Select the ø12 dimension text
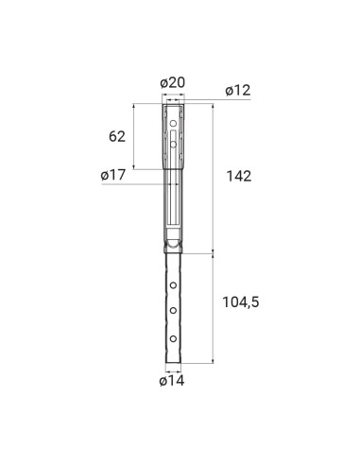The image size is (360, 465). (x=239, y=91)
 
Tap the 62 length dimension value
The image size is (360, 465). (x=117, y=136)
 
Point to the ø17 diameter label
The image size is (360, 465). (x=114, y=175)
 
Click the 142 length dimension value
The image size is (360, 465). (x=239, y=175)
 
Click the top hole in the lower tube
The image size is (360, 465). (x=173, y=282)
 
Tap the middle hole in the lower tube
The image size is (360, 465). (x=173, y=309)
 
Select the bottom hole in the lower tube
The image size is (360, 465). (x=173, y=336)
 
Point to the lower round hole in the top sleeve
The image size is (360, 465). (x=173, y=143)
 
